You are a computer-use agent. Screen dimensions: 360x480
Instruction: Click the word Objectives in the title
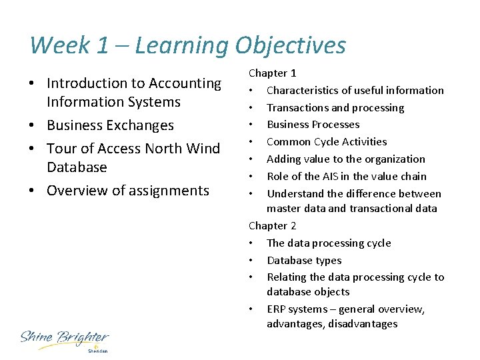click(x=291, y=45)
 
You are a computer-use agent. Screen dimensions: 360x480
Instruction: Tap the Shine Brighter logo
click(x=64, y=339)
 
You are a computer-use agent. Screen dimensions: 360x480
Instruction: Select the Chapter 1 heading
click(x=273, y=73)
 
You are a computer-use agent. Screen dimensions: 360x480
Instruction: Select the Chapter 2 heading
click(x=273, y=226)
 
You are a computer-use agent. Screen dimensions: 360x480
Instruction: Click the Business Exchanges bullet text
click(x=110, y=125)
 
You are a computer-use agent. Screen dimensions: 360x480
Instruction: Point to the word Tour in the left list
click(x=63, y=148)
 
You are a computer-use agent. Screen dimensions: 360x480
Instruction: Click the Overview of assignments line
click(x=128, y=191)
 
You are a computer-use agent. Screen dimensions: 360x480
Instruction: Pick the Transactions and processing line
click(x=335, y=107)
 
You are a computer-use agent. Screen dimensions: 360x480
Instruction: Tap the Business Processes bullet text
click(x=313, y=125)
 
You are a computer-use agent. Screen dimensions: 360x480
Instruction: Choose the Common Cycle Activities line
click(x=327, y=142)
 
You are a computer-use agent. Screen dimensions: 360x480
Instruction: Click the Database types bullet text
click(x=304, y=261)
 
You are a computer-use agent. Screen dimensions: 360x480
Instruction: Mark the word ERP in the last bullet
click(x=277, y=309)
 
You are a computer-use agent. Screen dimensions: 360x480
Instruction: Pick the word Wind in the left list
click(x=204, y=148)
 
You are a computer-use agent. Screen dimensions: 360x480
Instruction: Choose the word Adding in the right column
click(x=283, y=159)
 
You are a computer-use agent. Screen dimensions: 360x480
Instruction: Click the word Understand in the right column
click(x=296, y=194)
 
